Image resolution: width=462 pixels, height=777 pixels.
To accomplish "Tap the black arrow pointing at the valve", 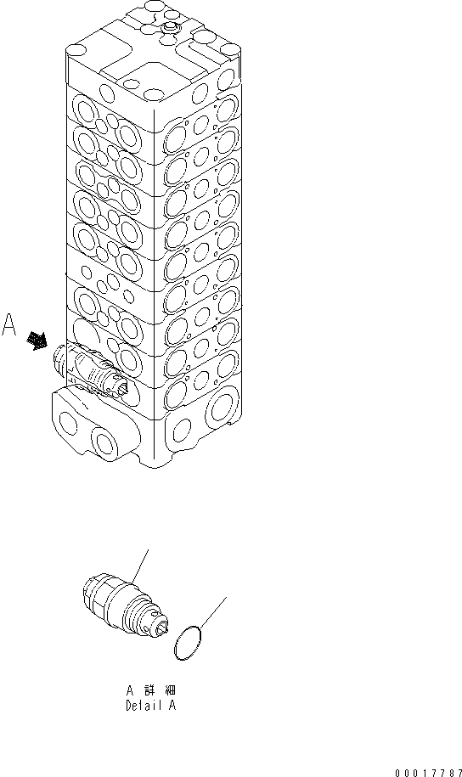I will click(37, 341).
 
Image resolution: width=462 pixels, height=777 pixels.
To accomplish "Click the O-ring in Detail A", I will click(189, 644).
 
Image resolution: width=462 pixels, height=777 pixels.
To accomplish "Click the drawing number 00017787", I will click(427, 773).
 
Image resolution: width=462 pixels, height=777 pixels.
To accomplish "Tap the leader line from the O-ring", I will click(216, 612).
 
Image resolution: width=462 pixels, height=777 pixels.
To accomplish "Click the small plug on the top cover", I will click(169, 30).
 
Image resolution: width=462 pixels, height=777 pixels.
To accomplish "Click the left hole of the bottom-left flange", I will click(64, 419).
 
